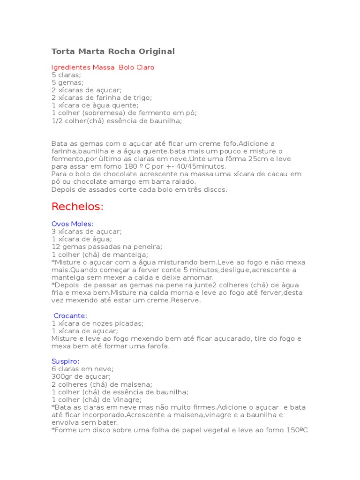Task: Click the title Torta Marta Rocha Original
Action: [x=112, y=51]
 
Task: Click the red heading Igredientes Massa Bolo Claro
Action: [x=103, y=67]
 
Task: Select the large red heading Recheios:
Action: [x=77, y=206]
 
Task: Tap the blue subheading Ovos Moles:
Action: [x=72, y=224]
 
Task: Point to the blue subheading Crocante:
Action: [x=70, y=315]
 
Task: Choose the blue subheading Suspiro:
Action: [x=65, y=361]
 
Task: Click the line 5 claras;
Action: [x=66, y=75]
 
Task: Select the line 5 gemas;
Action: [x=67, y=82]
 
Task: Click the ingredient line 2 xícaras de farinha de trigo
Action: [x=102, y=97]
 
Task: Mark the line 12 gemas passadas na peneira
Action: [x=107, y=247]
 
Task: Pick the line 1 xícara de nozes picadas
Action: [x=97, y=323]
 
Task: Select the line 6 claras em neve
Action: [x=82, y=369]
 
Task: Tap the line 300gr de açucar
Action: [x=81, y=376]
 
